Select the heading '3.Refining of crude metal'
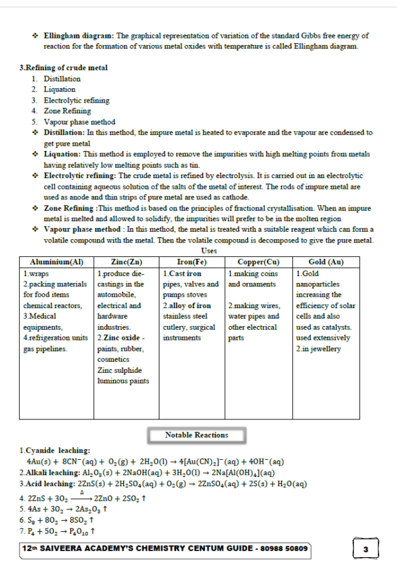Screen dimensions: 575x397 [x=64, y=68]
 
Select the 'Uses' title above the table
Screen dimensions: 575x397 [x=208, y=251]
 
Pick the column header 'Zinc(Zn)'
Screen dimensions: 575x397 [x=126, y=262]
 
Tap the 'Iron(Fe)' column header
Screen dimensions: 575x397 [x=192, y=262]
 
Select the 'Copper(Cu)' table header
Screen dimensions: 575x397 [x=259, y=262]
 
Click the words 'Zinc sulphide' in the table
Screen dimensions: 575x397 [x=119, y=370]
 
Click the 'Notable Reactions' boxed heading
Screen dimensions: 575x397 [x=197, y=435]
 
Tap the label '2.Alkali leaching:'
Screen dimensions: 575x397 [x=48, y=473]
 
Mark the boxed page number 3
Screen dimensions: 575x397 [x=366, y=550]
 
